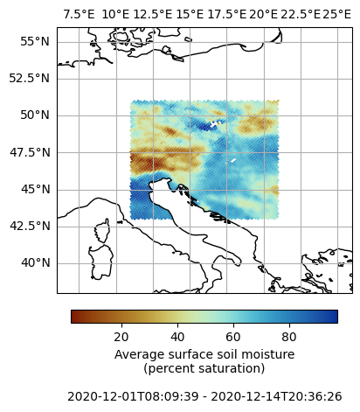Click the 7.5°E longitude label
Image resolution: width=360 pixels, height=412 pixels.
pos(79,14)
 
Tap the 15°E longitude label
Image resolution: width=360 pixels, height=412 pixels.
pos(190,14)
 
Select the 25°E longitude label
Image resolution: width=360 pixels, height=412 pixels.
pos(337,14)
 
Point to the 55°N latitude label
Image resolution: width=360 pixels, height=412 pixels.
pos(35,42)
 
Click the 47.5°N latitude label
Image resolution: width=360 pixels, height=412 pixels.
pos(30,152)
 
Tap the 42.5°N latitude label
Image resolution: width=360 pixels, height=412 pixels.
pos(30,226)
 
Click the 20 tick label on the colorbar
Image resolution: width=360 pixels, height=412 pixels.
pos(121,337)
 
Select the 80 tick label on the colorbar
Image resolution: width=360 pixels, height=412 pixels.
pos(289,337)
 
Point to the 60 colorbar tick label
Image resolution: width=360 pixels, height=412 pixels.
pos(233,337)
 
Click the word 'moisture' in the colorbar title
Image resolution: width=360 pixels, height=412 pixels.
pos(268,354)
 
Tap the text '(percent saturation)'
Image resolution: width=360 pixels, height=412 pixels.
pos(204,368)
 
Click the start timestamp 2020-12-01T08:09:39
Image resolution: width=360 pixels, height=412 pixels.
pos(133,396)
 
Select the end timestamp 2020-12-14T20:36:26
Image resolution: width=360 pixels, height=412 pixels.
pos(276,396)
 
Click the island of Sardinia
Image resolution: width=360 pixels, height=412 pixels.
pos(100,262)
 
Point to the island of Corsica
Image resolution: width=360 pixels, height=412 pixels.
pos(102,230)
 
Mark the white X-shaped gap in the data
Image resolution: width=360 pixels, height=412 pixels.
pos(215,123)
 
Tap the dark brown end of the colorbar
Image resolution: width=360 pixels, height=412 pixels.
pos(73,317)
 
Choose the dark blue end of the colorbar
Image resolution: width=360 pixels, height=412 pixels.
pos(336,317)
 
